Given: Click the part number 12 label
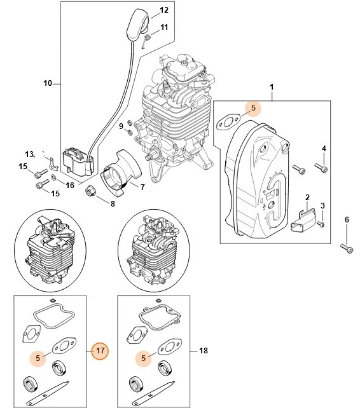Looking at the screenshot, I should coord(164,10).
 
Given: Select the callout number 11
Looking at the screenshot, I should coord(164,27).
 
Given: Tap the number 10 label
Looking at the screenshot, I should coord(46,83).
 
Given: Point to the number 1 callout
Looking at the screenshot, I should coord(272,86).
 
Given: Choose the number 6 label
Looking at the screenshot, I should coord(347,220).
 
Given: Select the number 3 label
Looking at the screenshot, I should coord(322,205).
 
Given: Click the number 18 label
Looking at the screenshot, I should coord(204,350).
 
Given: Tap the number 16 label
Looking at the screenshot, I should coord(69,185).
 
